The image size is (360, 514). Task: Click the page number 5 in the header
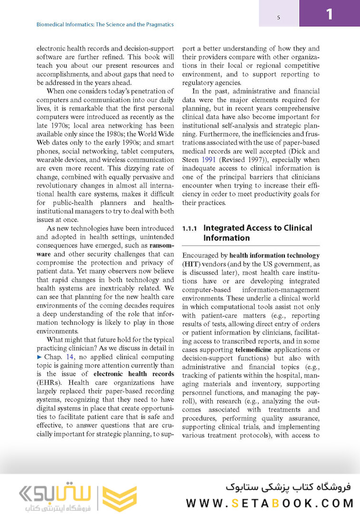[x=278, y=18]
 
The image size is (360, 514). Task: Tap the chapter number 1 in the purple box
[x=329, y=14]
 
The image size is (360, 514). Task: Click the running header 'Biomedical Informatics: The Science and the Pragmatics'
[x=105, y=24]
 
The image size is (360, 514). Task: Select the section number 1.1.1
[x=190, y=228]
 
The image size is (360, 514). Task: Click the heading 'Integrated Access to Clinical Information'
[x=257, y=233]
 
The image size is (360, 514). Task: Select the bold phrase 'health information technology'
[x=274, y=255]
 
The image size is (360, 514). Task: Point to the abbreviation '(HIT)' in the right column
[x=192, y=264]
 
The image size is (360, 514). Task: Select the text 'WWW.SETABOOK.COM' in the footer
[x=270, y=503]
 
